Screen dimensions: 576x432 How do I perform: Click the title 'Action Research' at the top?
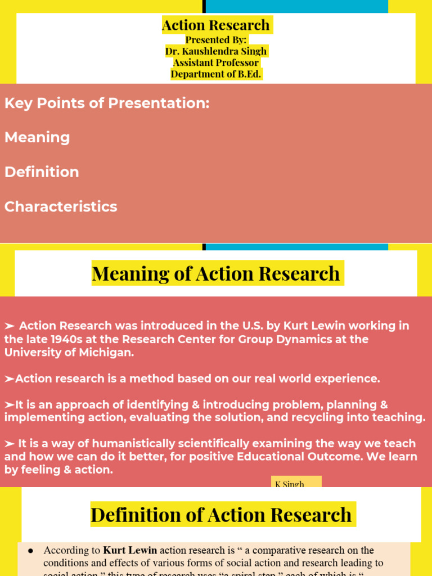click(216, 25)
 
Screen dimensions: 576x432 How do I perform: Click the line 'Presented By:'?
click(216, 40)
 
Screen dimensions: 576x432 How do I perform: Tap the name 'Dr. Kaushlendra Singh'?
click(216, 51)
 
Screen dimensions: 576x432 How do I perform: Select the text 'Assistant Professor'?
click(216, 62)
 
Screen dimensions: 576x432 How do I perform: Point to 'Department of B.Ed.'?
click(216, 74)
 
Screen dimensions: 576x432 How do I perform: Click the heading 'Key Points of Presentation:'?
click(107, 103)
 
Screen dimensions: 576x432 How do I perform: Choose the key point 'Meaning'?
click(37, 138)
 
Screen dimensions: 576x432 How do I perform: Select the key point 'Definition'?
click(42, 172)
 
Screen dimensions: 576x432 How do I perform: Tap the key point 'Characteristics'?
click(61, 206)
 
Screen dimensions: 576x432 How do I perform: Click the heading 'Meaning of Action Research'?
click(216, 273)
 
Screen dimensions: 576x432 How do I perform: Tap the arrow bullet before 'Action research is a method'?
click(10, 379)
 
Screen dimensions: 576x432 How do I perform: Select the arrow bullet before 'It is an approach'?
click(10, 405)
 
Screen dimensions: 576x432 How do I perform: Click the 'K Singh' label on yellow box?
click(290, 484)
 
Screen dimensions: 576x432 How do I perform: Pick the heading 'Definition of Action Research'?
click(221, 515)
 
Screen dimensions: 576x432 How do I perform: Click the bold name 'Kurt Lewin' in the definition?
click(130, 550)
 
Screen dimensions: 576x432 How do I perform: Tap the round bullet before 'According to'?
click(30, 550)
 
